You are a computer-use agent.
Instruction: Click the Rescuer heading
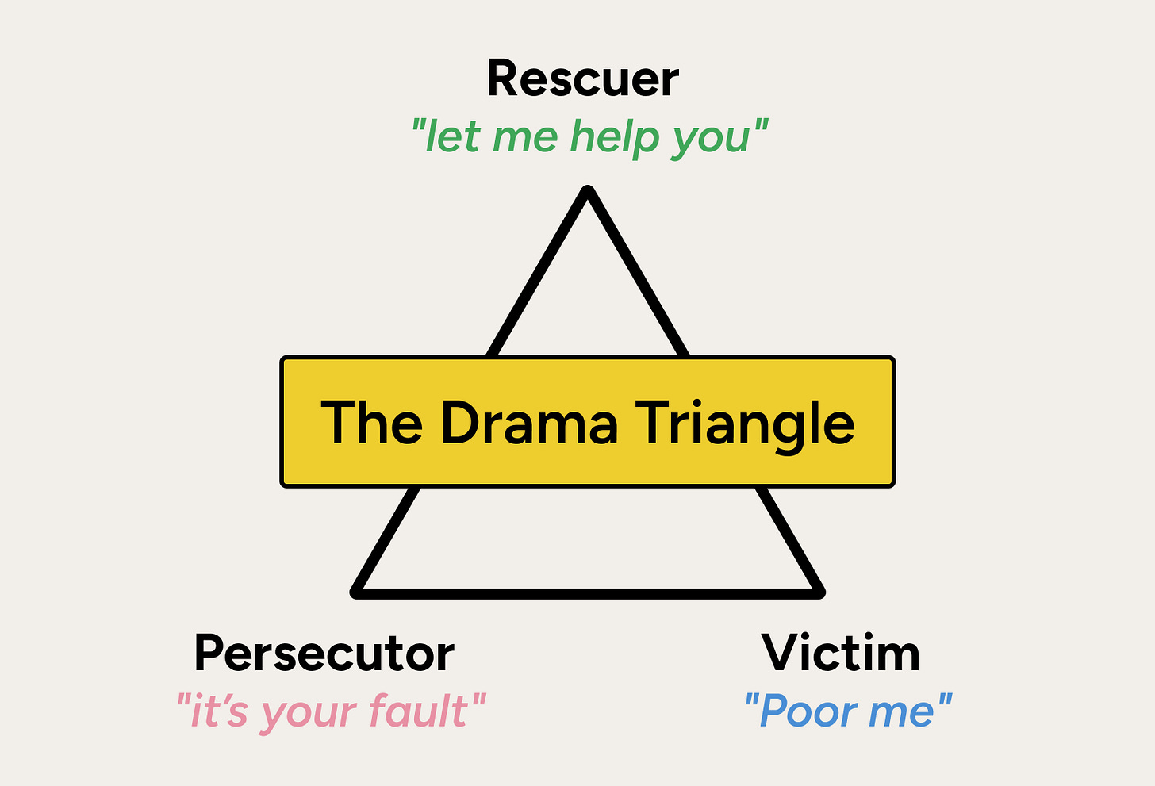(582, 79)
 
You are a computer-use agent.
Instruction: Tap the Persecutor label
(324, 654)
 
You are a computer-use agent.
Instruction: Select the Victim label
(841, 654)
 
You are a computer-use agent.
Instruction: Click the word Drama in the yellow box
(528, 422)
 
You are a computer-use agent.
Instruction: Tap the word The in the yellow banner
(371, 422)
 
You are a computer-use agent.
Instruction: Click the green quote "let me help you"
(589, 136)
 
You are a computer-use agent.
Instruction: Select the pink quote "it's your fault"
(330, 711)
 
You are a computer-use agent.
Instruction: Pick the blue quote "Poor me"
(847, 711)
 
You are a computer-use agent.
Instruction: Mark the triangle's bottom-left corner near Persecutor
(357, 591)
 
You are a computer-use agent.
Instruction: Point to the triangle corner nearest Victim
(819, 591)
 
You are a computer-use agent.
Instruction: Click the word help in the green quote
(615, 136)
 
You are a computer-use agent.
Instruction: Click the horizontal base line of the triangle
(588, 592)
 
